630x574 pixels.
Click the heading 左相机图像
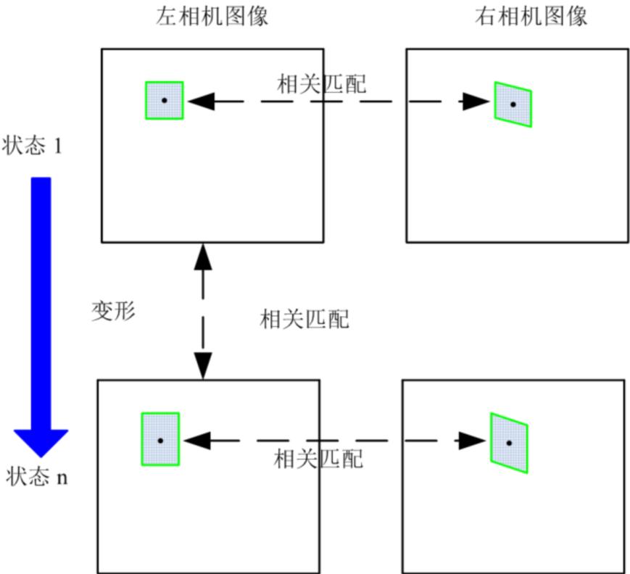(x=212, y=17)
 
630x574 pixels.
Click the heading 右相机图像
(x=531, y=17)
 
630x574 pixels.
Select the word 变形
(x=112, y=311)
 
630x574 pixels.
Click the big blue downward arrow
(x=41, y=312)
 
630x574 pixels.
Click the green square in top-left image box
(x=164, y=100)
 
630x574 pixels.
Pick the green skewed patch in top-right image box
(x=513, y=104)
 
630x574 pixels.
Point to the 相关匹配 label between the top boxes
(x=322, y=84)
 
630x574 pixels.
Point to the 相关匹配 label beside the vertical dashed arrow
(x=304, y=319)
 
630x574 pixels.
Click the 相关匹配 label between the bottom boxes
(x=318, y=459)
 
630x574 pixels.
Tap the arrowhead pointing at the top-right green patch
(x=476, y=101)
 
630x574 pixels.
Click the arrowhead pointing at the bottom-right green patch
(x=472, y=440)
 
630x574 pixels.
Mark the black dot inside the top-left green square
(x=165, y=100)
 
